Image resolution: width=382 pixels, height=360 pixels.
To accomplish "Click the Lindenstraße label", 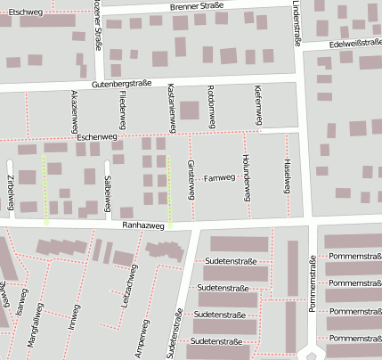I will tap(296, 23).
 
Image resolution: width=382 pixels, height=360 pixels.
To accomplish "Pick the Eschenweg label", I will tap(97, 138).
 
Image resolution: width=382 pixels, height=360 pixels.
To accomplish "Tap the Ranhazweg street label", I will tap(145, 226).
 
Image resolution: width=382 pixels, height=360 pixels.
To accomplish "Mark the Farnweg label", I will tap(219, 178).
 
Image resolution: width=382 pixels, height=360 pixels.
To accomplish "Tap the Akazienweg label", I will tap(73, 110).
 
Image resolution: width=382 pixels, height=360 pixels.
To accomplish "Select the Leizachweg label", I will tap(127, 288).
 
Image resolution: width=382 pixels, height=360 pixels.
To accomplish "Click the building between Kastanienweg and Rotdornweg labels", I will tap(190, 111).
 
